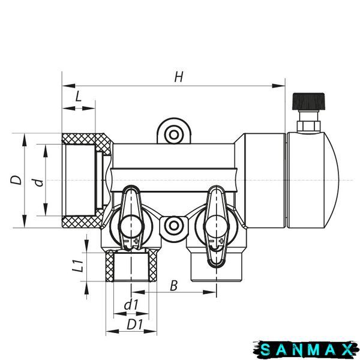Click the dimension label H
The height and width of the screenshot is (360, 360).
(x=179, y=77)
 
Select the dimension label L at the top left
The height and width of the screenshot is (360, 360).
(x=78, y=96)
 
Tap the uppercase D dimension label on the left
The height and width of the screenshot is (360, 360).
(x=16, y=180)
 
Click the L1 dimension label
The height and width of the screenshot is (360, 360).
(x=77, y=266)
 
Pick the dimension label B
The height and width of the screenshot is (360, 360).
(x=174, y=286)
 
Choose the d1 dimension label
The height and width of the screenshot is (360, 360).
(x=131, y=305)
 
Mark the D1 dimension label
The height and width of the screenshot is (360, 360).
(x=135, y=325)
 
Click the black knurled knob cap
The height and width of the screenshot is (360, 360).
(x=308, y=101)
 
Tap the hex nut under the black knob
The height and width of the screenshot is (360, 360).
(x=308, y=126)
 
